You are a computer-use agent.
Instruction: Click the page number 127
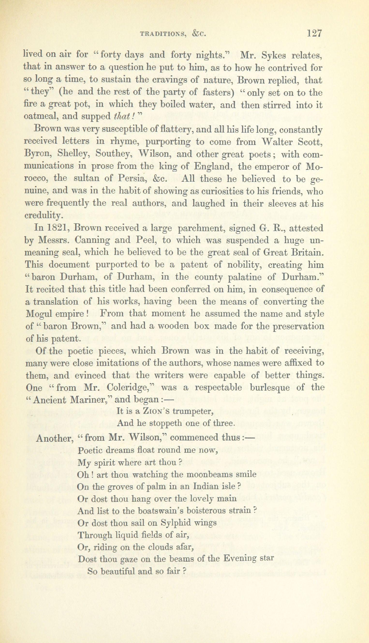click(x=314, y=33)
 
